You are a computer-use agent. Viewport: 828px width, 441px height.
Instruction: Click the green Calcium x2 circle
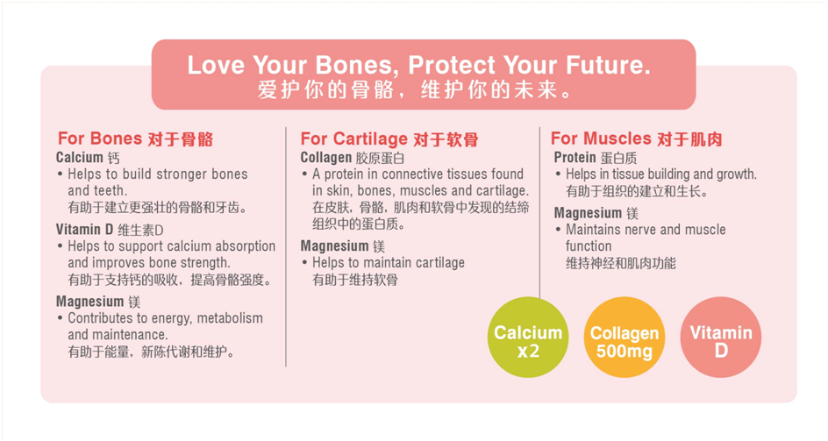click(x=527, y=337)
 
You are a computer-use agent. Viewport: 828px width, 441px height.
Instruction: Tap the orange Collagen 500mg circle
click(x=625, y=337)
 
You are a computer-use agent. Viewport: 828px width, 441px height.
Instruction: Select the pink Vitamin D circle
click(x=721, y=337)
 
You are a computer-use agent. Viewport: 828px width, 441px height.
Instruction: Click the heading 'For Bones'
click(x=100, y=139)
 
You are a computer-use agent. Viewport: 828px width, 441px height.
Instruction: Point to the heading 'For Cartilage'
click(x=353, y=139)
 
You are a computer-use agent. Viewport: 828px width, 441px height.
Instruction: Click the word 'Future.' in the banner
click(x=608, y=65)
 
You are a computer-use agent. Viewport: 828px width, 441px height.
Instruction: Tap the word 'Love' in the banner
click(x=216, y=65)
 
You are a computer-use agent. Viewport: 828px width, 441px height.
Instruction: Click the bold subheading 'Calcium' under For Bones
click(x=80, y=158)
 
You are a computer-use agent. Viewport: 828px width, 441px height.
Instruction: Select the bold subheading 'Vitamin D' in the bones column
click(x=84, y=229)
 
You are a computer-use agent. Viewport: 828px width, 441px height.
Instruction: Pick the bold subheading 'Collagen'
click(x=325, y=158)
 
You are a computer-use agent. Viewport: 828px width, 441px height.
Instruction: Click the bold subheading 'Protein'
click(x=575, y=158)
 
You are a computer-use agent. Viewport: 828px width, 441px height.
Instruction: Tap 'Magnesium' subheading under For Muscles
click(x=588, y=213)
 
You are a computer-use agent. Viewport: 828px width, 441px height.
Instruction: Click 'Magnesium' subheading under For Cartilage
click(x=334, y=246)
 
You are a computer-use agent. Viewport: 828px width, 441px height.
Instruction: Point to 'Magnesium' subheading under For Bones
click(x=89, y=302)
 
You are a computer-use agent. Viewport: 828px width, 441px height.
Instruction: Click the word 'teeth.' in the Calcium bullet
click(x=111, y=190)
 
